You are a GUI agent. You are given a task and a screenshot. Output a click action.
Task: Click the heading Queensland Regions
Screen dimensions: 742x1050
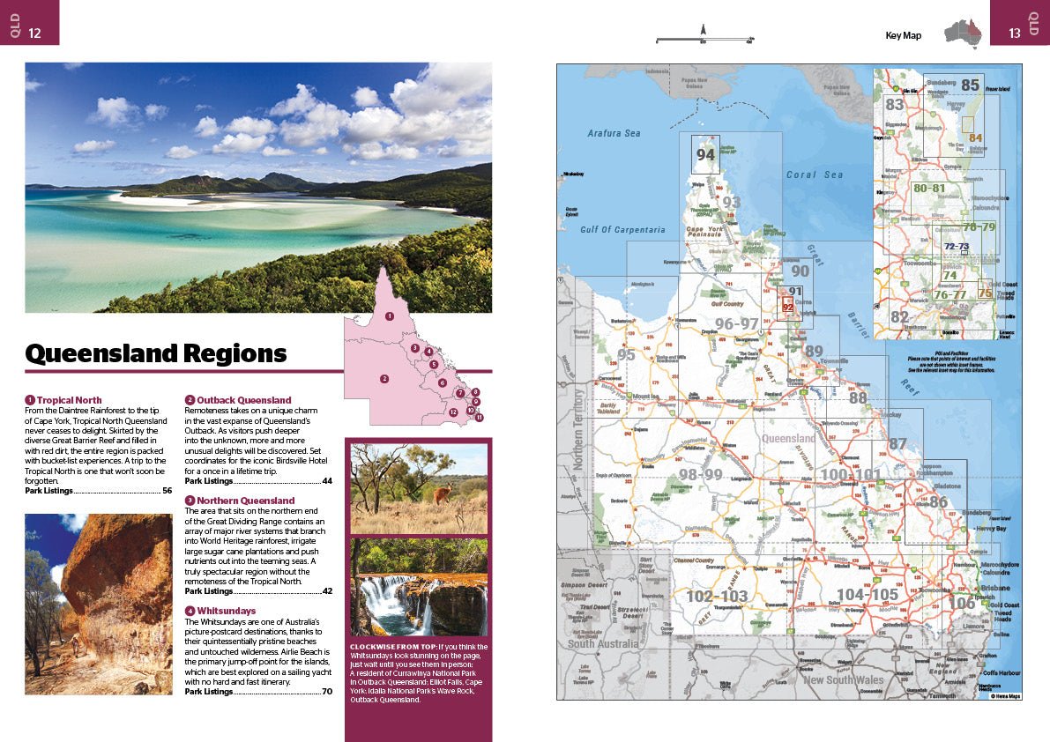156,353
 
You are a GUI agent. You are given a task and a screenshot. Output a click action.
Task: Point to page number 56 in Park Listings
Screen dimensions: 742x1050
167,491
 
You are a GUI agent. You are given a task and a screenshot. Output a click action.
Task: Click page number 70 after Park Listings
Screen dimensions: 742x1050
326,692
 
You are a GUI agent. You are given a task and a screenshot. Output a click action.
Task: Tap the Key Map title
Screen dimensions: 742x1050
903,35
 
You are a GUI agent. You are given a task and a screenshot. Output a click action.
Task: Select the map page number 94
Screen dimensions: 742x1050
705,155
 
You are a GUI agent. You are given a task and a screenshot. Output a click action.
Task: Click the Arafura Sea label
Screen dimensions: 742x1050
614,134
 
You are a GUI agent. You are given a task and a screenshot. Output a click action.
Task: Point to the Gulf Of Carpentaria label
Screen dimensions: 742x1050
622,230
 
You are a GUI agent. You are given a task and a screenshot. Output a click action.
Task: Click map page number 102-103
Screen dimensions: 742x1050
717,597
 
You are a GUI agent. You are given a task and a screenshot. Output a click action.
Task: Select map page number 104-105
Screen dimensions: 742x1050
867,594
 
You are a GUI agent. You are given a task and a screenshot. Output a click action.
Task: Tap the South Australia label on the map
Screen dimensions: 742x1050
603,644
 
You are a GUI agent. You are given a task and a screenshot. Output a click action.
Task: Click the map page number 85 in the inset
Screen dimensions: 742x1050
970,85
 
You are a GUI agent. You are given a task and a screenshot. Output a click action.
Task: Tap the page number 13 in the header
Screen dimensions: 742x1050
1014,33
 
